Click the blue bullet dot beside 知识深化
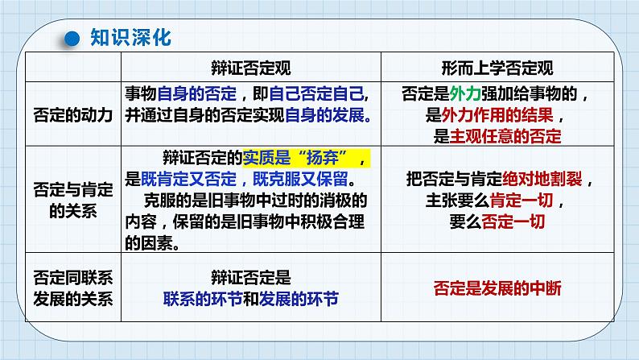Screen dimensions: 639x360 click(72, 39)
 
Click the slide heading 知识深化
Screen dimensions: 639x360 click(131, 38)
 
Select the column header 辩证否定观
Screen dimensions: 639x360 click(251, 68)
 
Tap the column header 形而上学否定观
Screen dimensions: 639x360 click(497, 68)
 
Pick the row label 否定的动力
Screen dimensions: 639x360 click(73, 115)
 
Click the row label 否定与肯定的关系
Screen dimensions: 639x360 click(73, 201)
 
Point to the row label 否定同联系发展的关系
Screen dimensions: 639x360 click(73, 288)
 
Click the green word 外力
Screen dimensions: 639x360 click(465, 93)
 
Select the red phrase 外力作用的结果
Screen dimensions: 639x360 click(497, 115)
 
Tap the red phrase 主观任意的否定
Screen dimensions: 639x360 click(505, 137)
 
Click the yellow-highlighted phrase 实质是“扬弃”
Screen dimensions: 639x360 click(299, 158)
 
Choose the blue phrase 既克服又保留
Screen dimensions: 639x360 click(300, 179)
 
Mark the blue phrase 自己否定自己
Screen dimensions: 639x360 click(316, 93)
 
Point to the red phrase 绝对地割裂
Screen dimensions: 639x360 click(542, 179)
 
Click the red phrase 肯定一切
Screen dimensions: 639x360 click(522, 201)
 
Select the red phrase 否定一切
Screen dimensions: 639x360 click(513, 221)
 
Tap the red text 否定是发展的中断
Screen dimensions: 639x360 click(497, 288)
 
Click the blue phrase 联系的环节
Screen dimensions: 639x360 click(203, 299)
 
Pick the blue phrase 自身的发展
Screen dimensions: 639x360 click(325, 115)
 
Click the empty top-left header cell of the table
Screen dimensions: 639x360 click(73, 67)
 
